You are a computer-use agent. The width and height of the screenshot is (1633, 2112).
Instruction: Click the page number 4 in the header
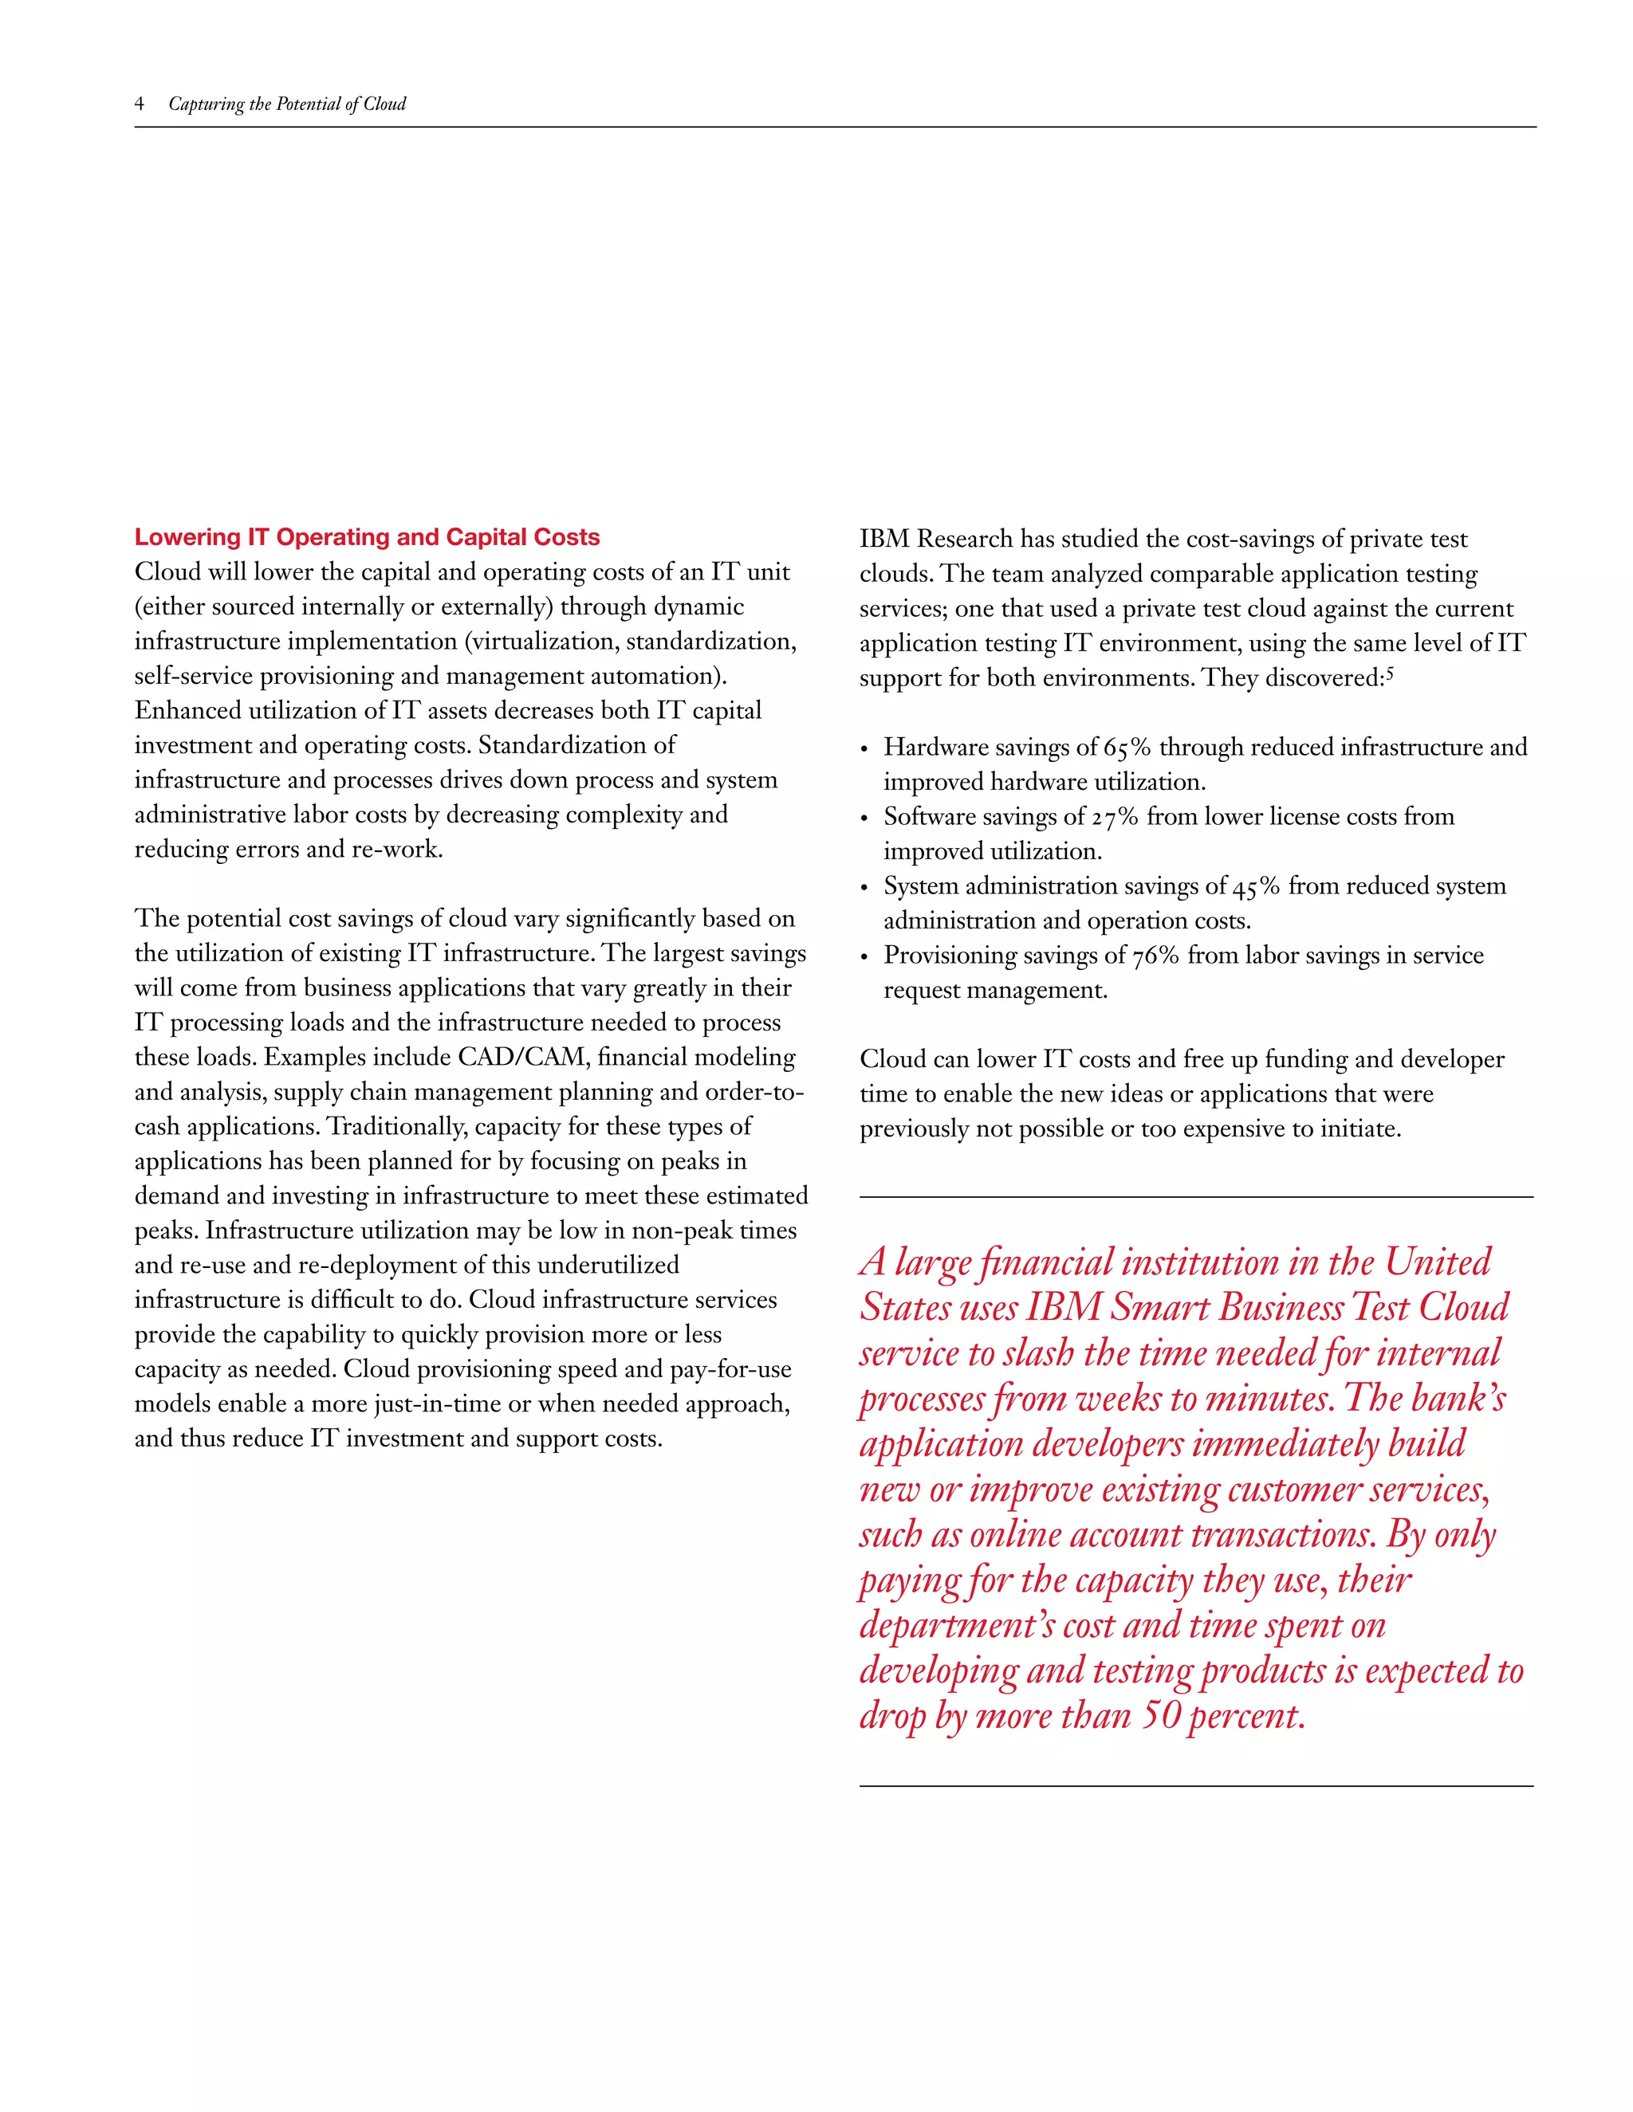140,104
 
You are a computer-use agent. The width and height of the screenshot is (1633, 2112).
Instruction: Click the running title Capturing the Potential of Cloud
286,104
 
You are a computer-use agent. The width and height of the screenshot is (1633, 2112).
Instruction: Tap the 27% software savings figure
1115,817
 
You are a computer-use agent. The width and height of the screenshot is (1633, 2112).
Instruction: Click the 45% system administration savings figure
1256,887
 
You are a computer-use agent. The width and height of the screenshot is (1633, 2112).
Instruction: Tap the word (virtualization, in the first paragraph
545,641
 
